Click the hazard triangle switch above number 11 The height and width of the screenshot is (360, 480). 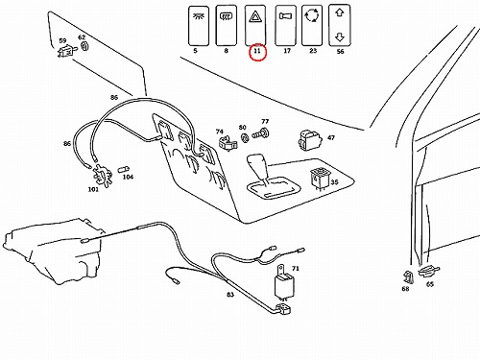click(x=255, y=25)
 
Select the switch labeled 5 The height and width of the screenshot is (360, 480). click(x=199, y=26)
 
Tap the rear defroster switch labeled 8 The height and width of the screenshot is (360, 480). click(x=227, y=25)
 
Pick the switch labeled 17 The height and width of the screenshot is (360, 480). click(x=286, y=25)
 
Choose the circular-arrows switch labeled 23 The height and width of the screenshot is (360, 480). click(x=312, y=25)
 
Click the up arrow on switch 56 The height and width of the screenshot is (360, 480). click(x=340, y=12)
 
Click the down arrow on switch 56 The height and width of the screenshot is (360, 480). click(x=340, y=37)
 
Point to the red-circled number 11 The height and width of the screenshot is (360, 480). click(x=257, y=52)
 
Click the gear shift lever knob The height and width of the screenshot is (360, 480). click(x=258, y=166)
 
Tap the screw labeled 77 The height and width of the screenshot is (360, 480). click(x=261, y=133)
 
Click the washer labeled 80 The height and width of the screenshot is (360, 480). click(x=245, y=138)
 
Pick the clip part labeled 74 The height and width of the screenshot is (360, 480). click(x=228, y=143)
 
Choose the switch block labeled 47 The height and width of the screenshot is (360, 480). click(x=310, y=140)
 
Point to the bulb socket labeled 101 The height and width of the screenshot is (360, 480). click(x=103, y=176)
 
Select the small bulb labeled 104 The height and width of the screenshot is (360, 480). click(x=124, y=169)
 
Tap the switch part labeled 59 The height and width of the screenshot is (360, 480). click(x=67, y=51)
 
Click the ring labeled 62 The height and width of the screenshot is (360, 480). click(x=84, y=46)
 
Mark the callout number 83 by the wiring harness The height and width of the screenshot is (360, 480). click(x=230, y=295)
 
